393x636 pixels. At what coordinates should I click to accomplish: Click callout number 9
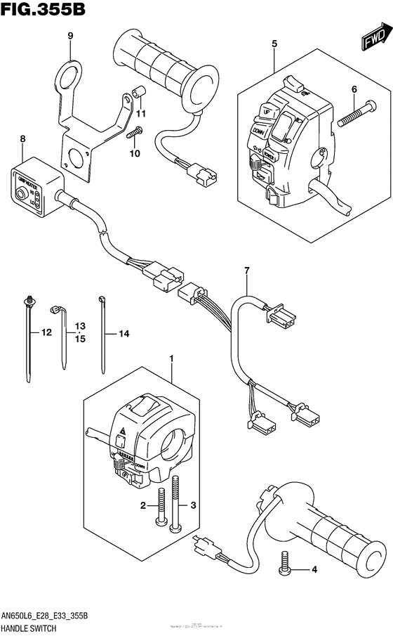tap(70, 36)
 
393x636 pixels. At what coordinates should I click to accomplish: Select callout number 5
tap(274, 44)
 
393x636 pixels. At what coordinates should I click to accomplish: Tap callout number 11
tap(141, 113)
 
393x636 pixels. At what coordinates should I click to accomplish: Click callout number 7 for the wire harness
tap(246, 271)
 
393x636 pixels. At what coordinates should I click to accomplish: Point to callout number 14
tap(124, 335)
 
